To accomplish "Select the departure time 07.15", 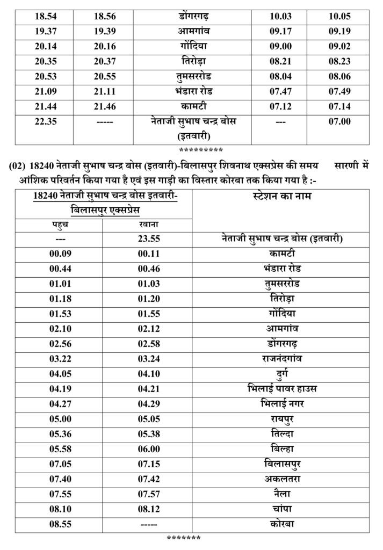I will (x=147, y=463).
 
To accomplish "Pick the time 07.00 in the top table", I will (x=339, y=122).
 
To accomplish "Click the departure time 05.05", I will (x=147, y=418).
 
